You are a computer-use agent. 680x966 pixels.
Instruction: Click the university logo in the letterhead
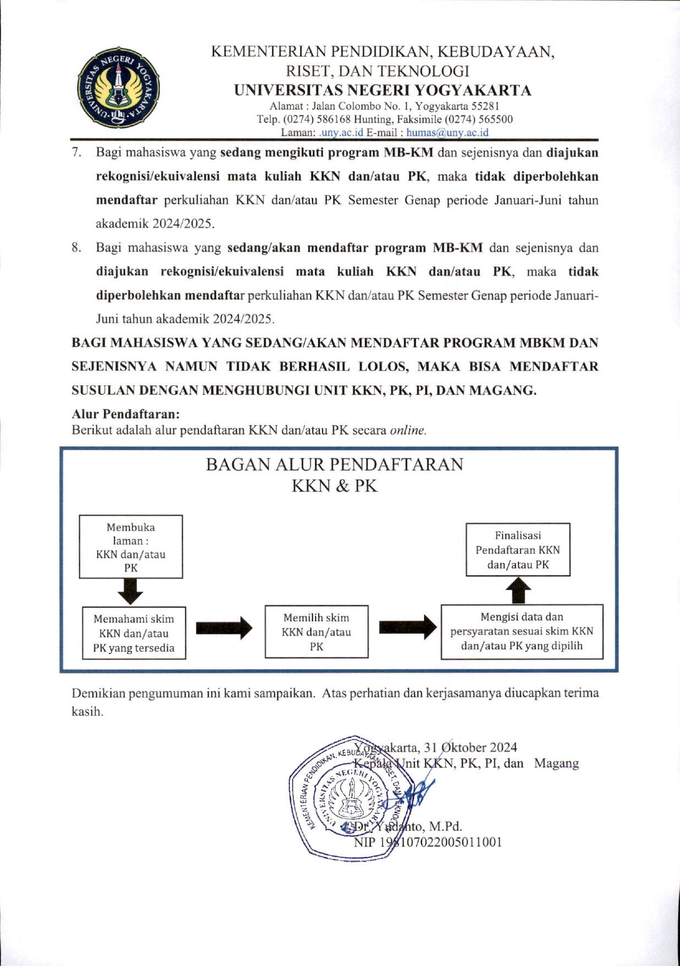118,87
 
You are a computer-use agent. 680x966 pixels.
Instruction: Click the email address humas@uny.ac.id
447,132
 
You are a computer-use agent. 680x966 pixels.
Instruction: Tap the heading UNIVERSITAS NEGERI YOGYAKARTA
383,90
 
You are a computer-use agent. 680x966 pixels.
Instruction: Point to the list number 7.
76,152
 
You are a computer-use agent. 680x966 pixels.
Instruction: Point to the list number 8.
76,248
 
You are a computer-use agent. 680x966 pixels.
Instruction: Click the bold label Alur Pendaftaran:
125,414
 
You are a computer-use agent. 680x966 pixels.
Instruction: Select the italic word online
408,430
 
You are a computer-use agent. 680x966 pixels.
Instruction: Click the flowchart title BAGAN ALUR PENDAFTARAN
334,465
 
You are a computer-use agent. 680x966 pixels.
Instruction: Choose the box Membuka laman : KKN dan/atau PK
131,547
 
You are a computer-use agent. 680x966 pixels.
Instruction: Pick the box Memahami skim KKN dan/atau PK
134,633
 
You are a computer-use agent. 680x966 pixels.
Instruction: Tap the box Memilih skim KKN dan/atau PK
316,632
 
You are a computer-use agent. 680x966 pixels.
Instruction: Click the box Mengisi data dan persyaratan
522,631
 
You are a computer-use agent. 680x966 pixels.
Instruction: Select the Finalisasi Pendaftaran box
518,549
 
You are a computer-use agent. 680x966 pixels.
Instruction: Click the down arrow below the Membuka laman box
130,592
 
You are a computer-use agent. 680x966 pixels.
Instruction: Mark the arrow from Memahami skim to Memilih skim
224,628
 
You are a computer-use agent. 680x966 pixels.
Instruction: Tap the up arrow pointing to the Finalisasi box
518,591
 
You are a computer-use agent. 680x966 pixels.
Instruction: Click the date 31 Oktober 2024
470,747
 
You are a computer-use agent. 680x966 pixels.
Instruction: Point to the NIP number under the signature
428,842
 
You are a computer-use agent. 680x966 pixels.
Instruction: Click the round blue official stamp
350,797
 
